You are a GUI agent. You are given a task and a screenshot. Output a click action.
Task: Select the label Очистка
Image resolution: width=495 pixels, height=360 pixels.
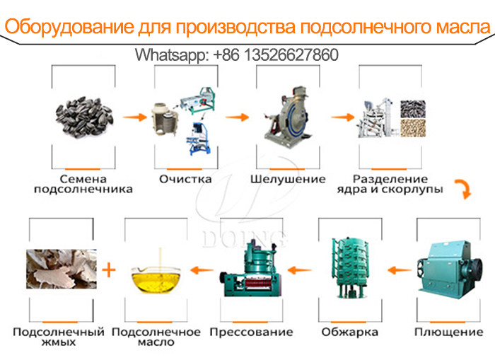[185, 179]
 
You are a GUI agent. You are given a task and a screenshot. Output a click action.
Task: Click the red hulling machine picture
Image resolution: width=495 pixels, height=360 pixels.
[284, 117]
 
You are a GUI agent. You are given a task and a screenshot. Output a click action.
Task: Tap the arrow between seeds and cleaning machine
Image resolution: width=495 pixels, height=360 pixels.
[134, 115]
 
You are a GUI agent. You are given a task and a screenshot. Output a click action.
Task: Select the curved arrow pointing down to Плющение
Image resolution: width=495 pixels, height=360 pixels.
[461, 190]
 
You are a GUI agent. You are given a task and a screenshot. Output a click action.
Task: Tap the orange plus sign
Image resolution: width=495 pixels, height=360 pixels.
[109, 270]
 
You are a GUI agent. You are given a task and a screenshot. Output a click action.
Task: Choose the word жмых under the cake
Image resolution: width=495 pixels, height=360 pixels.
[57, 342]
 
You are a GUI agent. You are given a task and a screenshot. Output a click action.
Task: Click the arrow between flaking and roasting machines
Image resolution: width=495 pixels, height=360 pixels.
[399, 269]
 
